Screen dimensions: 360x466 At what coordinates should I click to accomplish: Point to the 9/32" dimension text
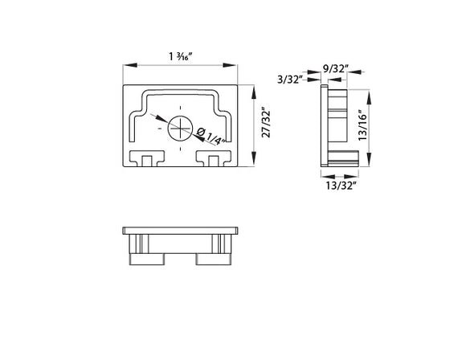(x=335, y=68)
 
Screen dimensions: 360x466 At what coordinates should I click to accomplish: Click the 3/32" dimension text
(x=289, y=80)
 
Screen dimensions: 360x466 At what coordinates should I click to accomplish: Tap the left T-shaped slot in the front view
(x=146, y=158)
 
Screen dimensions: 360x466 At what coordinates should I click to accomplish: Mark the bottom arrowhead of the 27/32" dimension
(x=255, y=164)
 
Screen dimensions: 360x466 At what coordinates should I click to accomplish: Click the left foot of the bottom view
(x=147, y=259)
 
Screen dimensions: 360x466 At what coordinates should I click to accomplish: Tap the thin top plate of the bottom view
(x=182, y=232)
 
